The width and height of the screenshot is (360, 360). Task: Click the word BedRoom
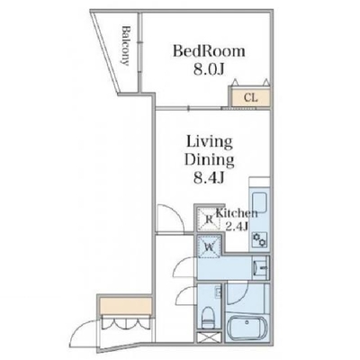point(209,51)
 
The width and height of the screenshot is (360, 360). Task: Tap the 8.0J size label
point(209,70)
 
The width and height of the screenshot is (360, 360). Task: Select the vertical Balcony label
point(125,46)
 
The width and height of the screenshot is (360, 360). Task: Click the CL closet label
point(251,97)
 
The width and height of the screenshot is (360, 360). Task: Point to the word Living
point(210,142)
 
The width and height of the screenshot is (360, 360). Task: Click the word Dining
point(209,160)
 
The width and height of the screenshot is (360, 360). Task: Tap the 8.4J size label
point(209,178)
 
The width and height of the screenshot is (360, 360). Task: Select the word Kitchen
point(237,213)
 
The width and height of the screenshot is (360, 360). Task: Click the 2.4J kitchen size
point(237,226)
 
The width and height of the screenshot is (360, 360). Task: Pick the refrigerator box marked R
point(209,219)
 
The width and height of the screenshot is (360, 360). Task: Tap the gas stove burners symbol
point(259,239)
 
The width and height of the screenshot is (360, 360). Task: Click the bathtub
point(246,328)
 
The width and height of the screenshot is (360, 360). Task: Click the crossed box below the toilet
point(209,337)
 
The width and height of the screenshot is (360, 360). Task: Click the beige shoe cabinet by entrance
point(125,305)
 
